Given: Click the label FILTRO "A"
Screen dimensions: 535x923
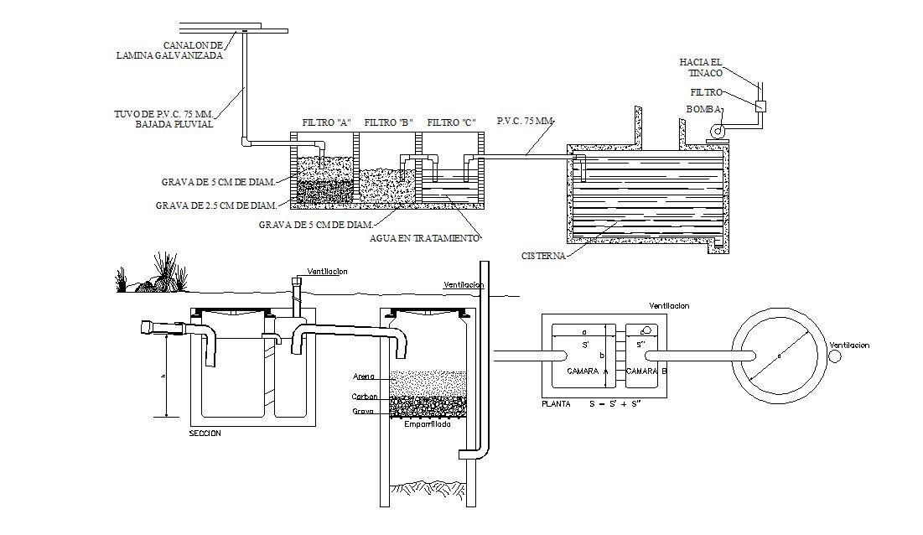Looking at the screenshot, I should tap(325, 122).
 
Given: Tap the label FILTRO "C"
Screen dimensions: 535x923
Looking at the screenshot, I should tap(453, 122).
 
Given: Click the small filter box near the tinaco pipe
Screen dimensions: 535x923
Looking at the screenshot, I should tap(761, 106).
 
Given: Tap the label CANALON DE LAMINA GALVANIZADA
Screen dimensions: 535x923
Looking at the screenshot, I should tap(169, 49).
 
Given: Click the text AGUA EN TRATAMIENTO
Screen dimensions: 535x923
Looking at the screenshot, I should tap(425, 237).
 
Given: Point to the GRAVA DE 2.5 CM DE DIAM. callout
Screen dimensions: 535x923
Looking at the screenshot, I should tap(215, 205).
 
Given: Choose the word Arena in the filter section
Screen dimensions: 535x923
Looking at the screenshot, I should tap(364, 376).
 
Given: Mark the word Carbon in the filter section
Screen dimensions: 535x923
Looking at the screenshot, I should tap(366, 396).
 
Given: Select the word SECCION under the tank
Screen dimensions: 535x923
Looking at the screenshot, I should tap(205, 433).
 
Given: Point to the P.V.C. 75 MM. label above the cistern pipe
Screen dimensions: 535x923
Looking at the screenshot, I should tap(525, 122).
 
